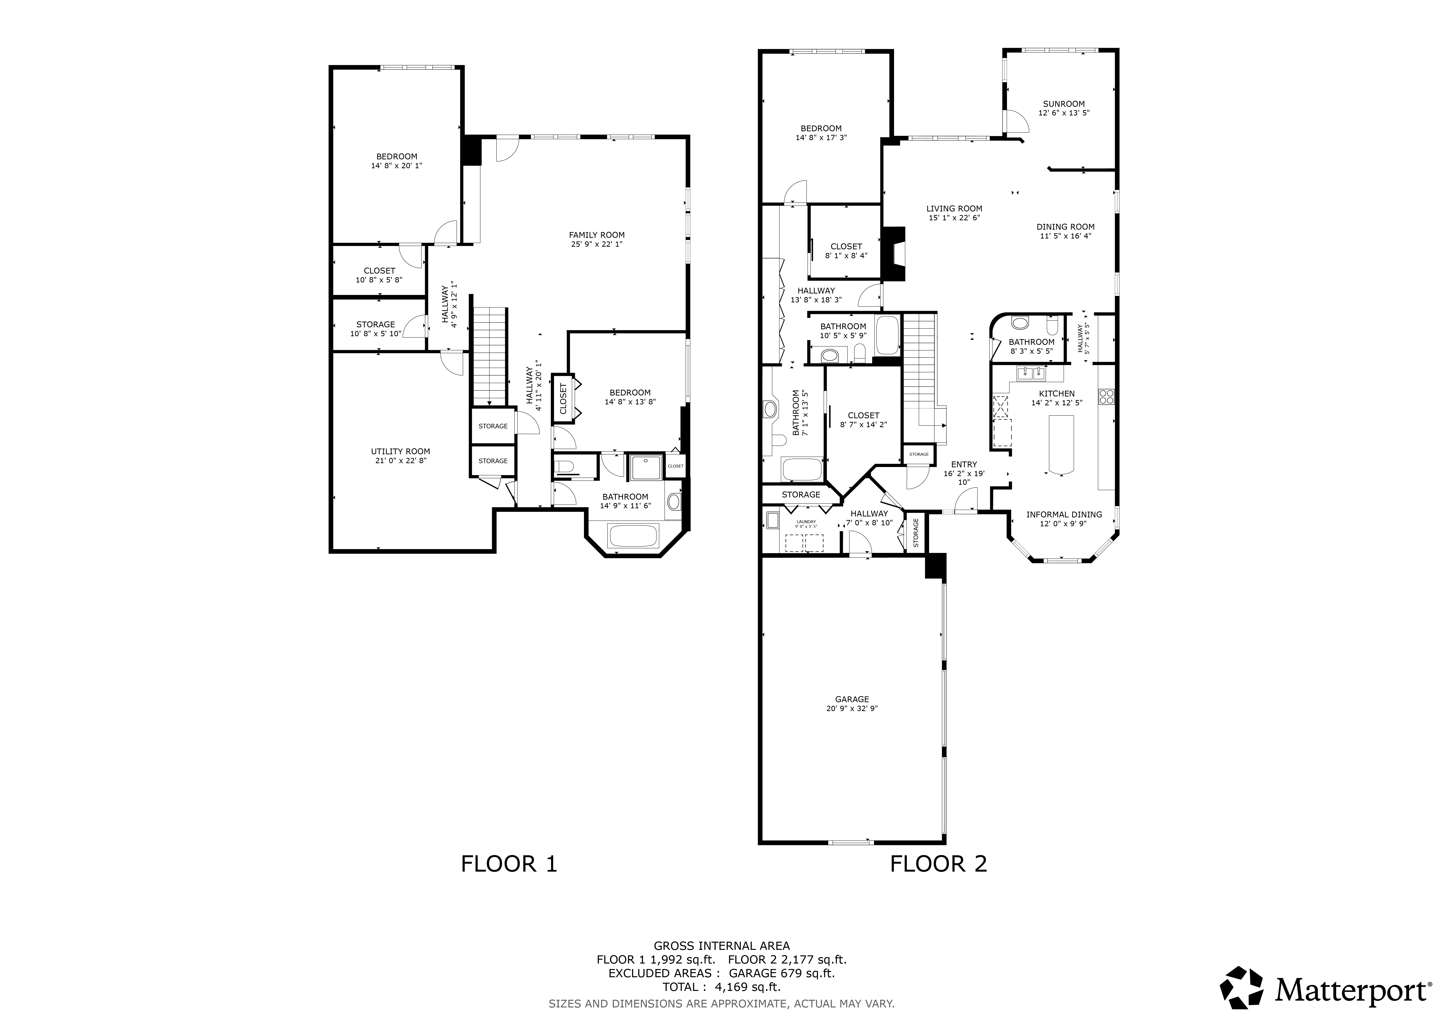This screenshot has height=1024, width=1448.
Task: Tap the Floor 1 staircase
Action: coord(489,356)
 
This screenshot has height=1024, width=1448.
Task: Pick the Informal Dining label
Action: coord(1064,515)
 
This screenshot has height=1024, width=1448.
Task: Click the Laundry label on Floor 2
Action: coord(806,521)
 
